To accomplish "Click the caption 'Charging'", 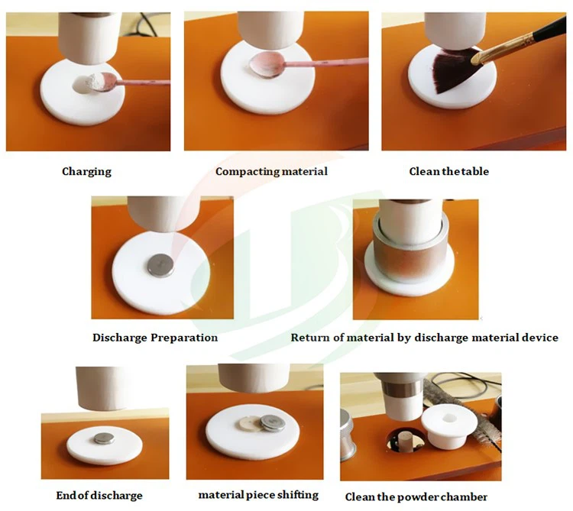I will pyautogui.click(x=86, y=172).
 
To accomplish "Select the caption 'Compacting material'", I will pyautogui.click(x=271, y=172).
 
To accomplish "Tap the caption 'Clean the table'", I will pyautogui.click(x=448, y=172).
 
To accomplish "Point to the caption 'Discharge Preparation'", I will pyautogui.click(x=155, y=338).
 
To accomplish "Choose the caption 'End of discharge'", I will pyautogui.click(x=99, y=496).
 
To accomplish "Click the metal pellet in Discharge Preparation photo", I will pyautogui.click(x=160, y=264).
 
